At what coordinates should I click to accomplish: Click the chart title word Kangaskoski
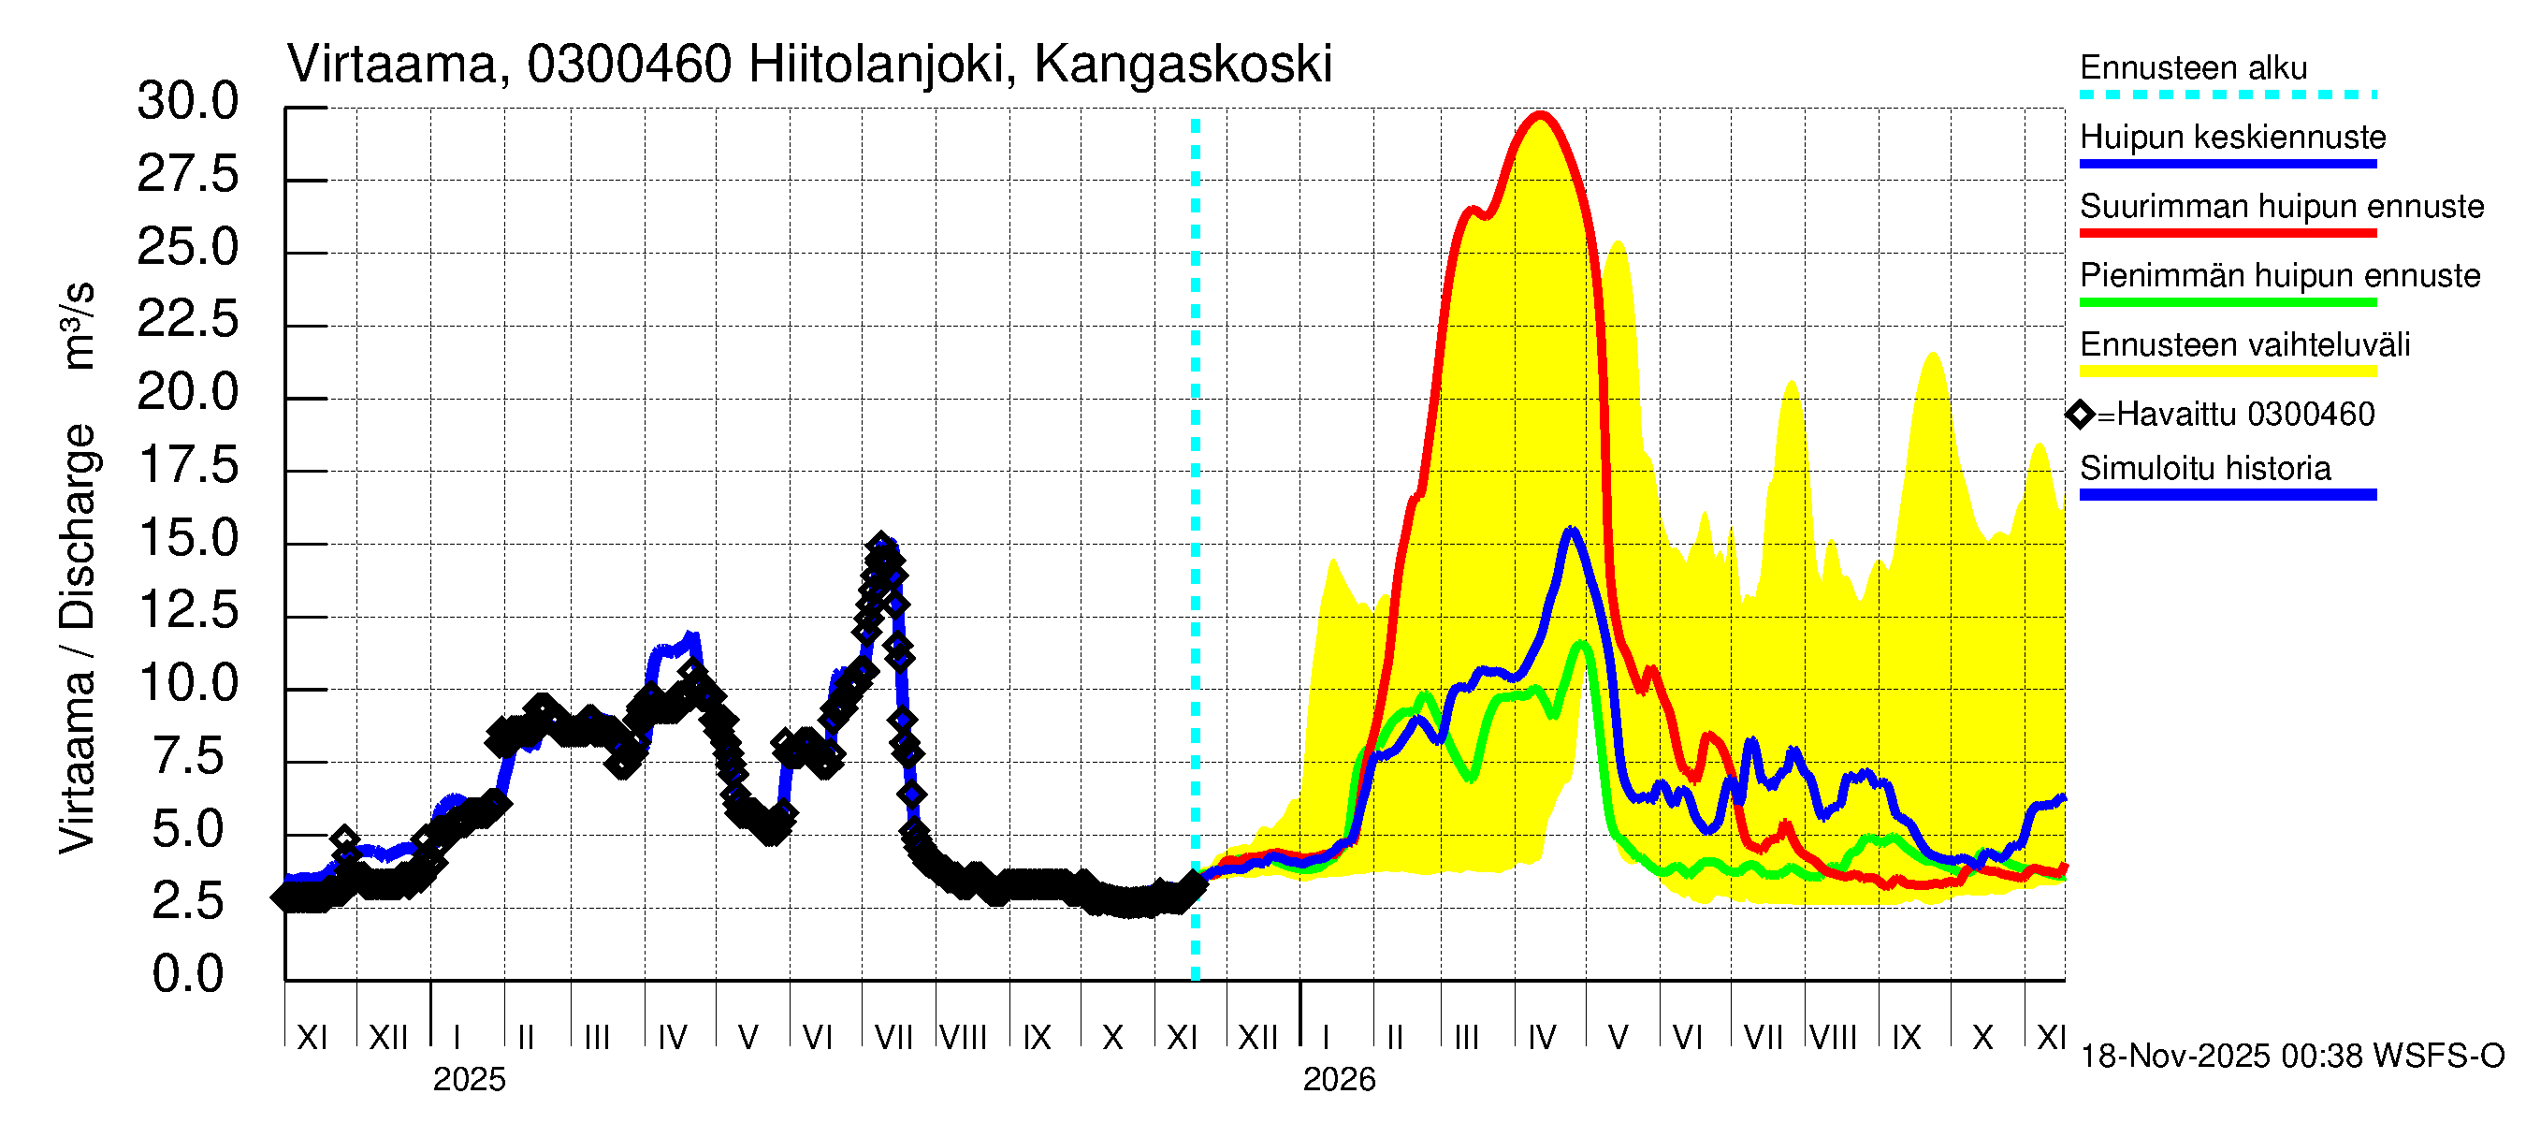click(x=1183, y=65)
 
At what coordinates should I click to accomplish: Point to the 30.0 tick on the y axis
click(x=188, y=101)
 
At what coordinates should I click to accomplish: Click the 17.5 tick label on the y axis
click(x=188, y=465)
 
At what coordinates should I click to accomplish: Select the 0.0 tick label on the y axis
click(x=188, y=974)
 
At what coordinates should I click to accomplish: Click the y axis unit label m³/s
click(x=79, y=325)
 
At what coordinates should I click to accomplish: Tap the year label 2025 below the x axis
click(x=469, y=1080)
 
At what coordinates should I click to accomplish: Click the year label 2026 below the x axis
click(x=1339, y=1080)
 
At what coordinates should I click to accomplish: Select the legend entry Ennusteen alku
click(x=2193, y=68)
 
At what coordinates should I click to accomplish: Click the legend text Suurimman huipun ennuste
click(x=2281, y=207)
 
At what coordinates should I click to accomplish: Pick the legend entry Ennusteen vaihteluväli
click(x=2244, y=345)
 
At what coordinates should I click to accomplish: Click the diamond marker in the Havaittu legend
click(x=2079, y=415)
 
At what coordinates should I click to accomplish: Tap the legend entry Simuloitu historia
click(x=2204, y=469)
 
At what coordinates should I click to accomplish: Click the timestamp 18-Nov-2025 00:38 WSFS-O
click(x=2291, y=1057)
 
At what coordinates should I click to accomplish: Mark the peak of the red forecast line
click(x=1541, y=116)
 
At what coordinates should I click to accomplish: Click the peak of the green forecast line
click(x=1581, y=645)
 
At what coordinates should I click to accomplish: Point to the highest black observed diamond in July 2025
click(x=880, y=545)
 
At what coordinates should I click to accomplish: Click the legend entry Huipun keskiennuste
click(x=2232, y=138)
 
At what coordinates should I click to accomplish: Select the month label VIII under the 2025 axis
click(x=963, y=1038)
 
